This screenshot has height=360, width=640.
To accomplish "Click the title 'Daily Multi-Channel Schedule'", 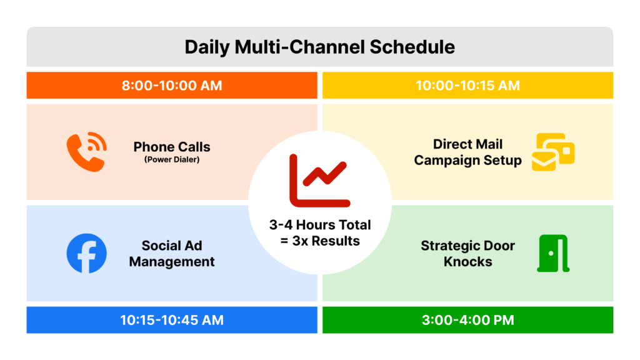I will click(x=319, y=47).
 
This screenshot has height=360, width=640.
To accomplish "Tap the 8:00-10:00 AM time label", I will click(x=172, y=86).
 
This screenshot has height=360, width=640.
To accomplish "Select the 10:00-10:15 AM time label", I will click(x=467, y=86).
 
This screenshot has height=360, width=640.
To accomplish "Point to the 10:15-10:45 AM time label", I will click(x=172, y=320).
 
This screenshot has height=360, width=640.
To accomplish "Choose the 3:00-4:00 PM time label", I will click(x=467, y=320).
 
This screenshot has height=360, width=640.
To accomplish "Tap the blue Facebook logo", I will click(x=87, y=253).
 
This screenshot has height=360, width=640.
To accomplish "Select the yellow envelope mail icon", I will click(x=552, y=152).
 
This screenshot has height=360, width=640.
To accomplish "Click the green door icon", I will click(x=553, y=253).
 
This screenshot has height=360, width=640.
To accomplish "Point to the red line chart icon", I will click(x=319, y=181).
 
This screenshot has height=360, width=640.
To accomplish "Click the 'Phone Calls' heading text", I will click(x=172, y=147).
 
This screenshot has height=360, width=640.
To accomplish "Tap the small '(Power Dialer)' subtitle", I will click(x=172, y=159).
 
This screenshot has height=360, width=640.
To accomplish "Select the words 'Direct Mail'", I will click(x=467, y=144).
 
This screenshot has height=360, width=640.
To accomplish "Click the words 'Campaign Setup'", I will click(x=467, y=161).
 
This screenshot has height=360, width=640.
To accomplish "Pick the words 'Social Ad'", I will click(x=172, y=246).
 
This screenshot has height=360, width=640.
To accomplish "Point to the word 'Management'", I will click(x=172, y=262).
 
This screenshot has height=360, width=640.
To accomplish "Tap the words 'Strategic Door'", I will click(x=467, y=246).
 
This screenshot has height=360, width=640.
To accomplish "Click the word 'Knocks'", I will click(x=467, y=262).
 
